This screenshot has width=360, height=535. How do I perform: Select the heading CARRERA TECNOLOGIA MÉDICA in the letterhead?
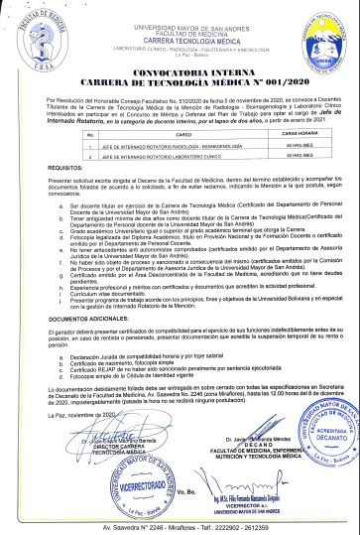coord(180,31)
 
